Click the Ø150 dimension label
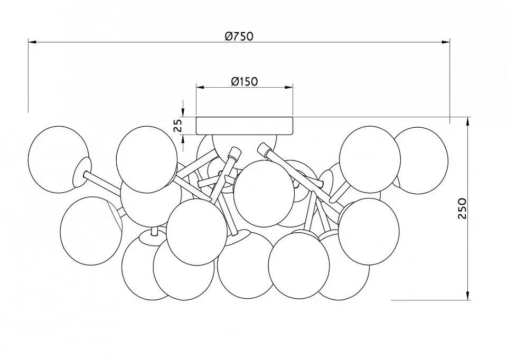(245, 81)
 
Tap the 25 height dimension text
(178, 126)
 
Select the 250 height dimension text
(463, 209)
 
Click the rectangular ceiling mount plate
(245, 126)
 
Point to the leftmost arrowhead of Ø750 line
(32, 42)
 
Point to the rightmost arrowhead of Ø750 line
(446, 42)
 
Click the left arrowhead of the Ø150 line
(201, 87)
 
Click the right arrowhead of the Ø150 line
(289, 87)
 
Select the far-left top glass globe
(58, 159)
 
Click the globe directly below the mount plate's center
(264, 193)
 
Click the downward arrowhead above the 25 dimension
(183, 112)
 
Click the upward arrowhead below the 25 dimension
(183, 139)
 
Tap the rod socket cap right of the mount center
(264, 150)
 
